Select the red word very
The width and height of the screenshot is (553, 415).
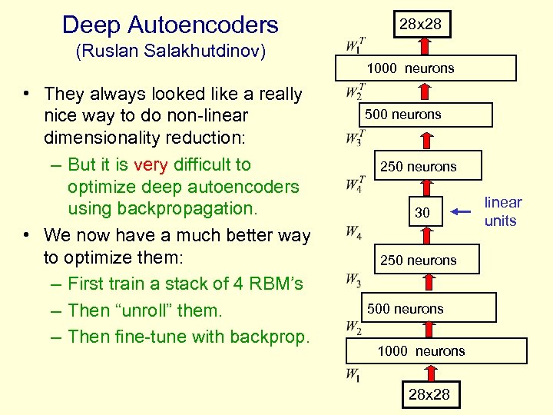pyautogui.click(x=150, y=164)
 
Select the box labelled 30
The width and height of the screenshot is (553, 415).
pyautogui.click(x=422, y=212)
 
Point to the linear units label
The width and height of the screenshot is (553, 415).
pyautogui.click(x=502, y=211)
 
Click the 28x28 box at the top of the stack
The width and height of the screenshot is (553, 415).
pyautogui.click(x=419, y=24)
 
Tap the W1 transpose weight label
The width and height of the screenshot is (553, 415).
pyautogui.click(x=355, y=45)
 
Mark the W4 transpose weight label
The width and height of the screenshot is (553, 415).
pyautogui.click(x=355, y=184)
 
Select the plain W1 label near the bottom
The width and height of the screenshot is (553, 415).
pyautogui.click(x=353, y=375)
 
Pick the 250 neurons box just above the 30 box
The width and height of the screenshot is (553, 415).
pyautogui.click(x=419, y=166)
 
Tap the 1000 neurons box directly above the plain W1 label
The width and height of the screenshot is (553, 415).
pyautogui.click(x=421, y=350)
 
